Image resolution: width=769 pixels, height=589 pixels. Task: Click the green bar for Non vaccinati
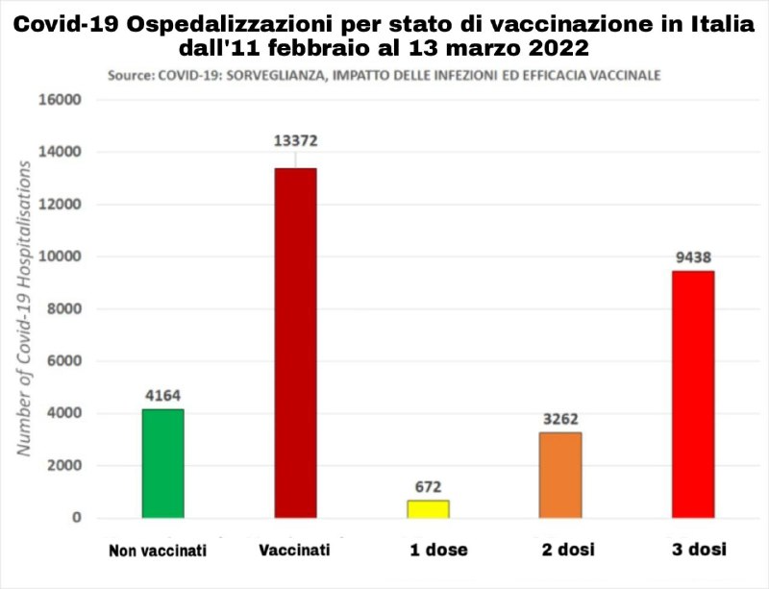pos(162,464)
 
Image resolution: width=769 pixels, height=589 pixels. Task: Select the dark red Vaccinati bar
pos(295,343)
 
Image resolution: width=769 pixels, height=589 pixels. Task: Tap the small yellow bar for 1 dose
pos(428,509)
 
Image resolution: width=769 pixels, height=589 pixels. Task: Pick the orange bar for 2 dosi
pos(560,476)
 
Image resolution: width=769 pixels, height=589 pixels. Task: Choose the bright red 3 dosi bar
pos(693,395)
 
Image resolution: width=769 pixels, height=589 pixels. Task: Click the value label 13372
pos(295,141)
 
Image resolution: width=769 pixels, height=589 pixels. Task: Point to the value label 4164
pos(162,394)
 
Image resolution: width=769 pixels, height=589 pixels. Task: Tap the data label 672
pos(428,486)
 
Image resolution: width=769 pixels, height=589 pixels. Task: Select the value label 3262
pos(560,419)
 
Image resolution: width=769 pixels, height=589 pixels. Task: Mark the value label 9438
pos(693,258)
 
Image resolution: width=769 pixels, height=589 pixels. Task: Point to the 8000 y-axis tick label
pos(65,309)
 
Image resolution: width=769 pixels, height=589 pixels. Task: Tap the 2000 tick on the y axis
pos(65,466)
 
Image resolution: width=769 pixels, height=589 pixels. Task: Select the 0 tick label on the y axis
pos(77,519)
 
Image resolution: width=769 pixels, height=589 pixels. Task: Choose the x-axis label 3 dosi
pos(698,550)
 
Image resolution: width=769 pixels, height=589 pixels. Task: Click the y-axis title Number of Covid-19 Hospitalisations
pos(26,307)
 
